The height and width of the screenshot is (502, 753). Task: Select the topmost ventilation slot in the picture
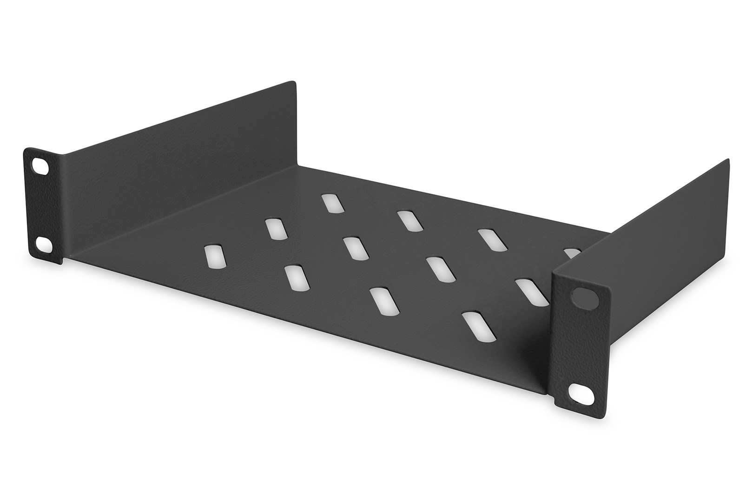(331, 203)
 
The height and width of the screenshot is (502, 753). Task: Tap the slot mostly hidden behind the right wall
(571, 252)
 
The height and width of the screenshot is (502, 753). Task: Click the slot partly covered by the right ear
(530, 292)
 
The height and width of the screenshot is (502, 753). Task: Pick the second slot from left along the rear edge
(410, 221)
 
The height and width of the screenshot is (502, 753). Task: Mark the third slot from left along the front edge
(384, 301)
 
